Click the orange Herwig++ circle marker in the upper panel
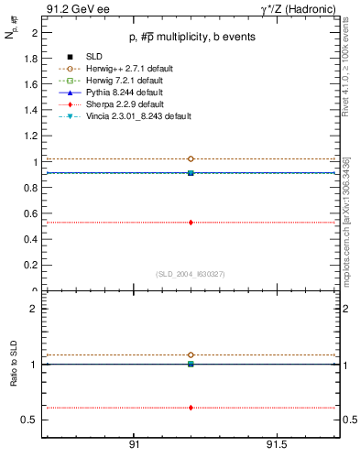[191, 159]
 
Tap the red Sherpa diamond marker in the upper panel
[191, 222]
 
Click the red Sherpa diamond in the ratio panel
[191, 408]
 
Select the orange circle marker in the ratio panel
[191, 354]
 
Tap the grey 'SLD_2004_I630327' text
[190, 274]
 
